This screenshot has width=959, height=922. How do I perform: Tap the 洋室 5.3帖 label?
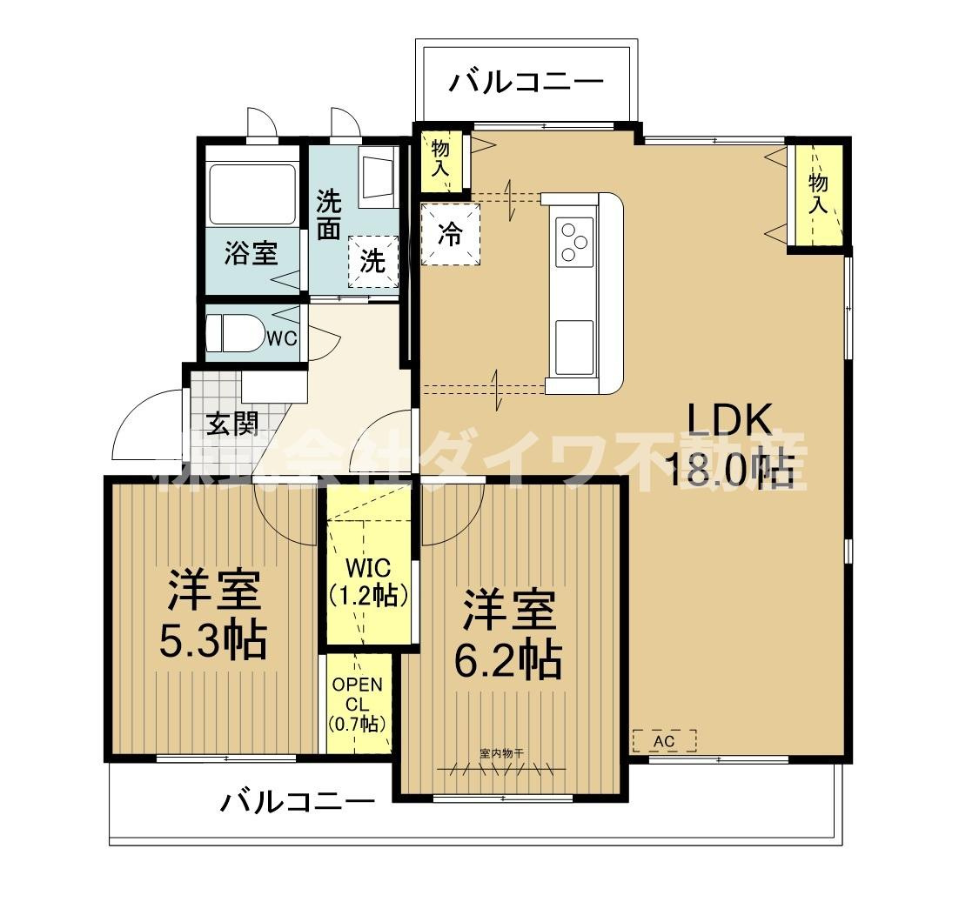click(212, 615)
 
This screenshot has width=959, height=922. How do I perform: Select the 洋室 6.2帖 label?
click(507, 634)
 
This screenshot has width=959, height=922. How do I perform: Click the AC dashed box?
click(664, 741)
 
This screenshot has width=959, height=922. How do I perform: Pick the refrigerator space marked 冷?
click(449, 234)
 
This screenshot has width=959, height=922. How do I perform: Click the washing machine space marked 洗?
click(372, 261)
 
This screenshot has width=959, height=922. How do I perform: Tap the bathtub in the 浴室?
click(252, 194)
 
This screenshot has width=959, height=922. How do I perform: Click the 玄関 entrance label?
click(232, 423)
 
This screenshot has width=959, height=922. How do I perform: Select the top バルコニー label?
click(526, 83)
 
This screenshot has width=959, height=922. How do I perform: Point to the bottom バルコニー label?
click(297, 801)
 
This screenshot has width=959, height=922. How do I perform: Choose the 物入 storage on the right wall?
click(817, 193)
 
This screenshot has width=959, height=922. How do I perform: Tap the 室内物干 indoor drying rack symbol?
click(501, 765)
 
